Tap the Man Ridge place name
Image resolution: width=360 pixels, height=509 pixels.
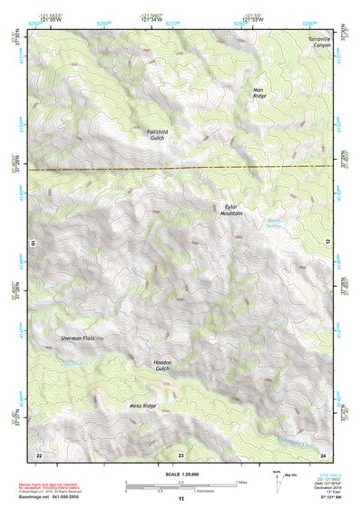click(x=260, y=93)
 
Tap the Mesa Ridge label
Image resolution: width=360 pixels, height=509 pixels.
click(x=142, y=406)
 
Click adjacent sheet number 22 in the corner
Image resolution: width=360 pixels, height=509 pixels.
click(x=39, y=454)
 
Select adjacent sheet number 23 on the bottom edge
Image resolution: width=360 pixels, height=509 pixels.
click(x=180, y=454)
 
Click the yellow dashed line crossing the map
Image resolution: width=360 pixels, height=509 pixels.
click(x=180, y=168)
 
